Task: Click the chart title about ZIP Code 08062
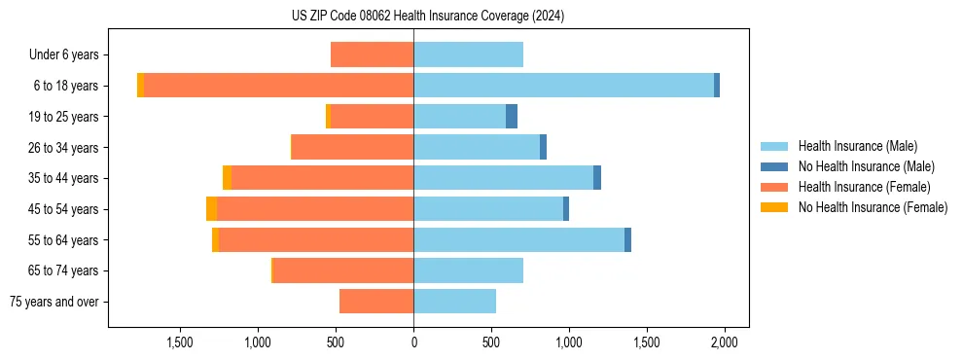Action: pos(428,17)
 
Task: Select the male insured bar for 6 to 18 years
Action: pos(563,86)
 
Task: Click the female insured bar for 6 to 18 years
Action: pos(278,86)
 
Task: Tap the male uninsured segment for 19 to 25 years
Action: pos(512,117)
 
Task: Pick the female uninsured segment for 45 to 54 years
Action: pos(211,209)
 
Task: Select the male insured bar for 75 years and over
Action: pos(455,302)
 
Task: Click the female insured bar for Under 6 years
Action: pos(373,54)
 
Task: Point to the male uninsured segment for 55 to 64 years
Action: pos(627,240)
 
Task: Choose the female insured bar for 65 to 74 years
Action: pos(343,270)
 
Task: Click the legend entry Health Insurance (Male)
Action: pos(857,146)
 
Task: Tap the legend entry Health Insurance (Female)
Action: pos(864,187)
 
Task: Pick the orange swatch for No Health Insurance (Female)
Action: pos(774,207)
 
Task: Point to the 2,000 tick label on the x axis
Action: pos(724,342)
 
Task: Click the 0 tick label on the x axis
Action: pos(413,342)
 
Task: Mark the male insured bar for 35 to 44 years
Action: pos(503,178)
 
